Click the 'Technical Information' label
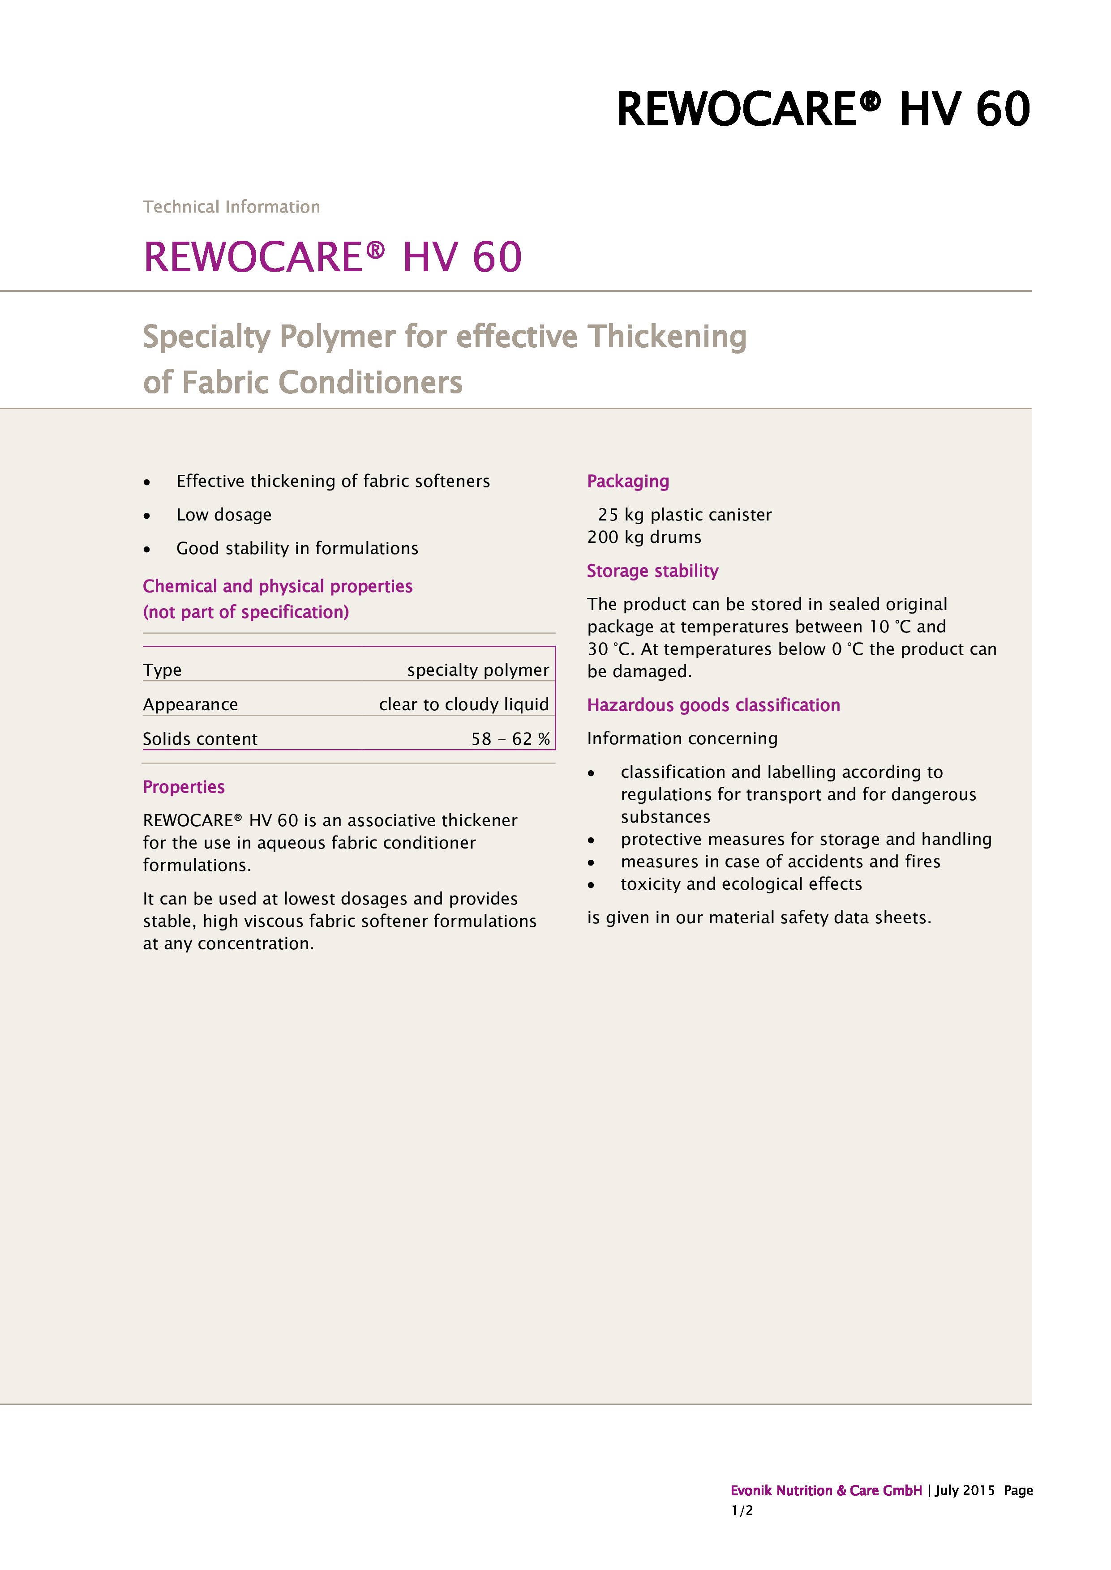231,206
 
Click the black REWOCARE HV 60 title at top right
823,109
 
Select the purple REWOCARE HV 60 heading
332,257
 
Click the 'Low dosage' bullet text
224,514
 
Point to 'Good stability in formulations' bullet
297,548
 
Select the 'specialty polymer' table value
477,670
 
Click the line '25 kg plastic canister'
684,514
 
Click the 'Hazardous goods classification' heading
713,704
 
